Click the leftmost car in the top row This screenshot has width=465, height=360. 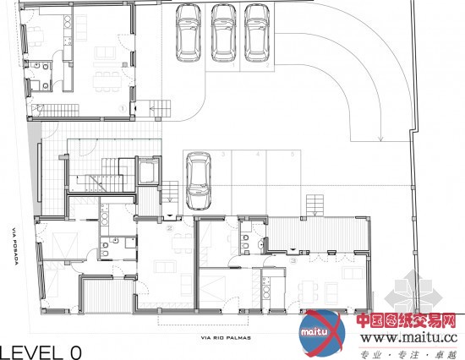(189, 33)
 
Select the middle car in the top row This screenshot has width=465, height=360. (223, 33)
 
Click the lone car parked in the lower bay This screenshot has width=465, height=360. (200, 179)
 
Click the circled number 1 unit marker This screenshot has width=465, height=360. (123, 108)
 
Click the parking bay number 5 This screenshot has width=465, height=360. (293, 155)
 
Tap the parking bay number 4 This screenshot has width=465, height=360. (257, 155)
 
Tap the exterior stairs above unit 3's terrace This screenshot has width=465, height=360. (315, 205)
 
